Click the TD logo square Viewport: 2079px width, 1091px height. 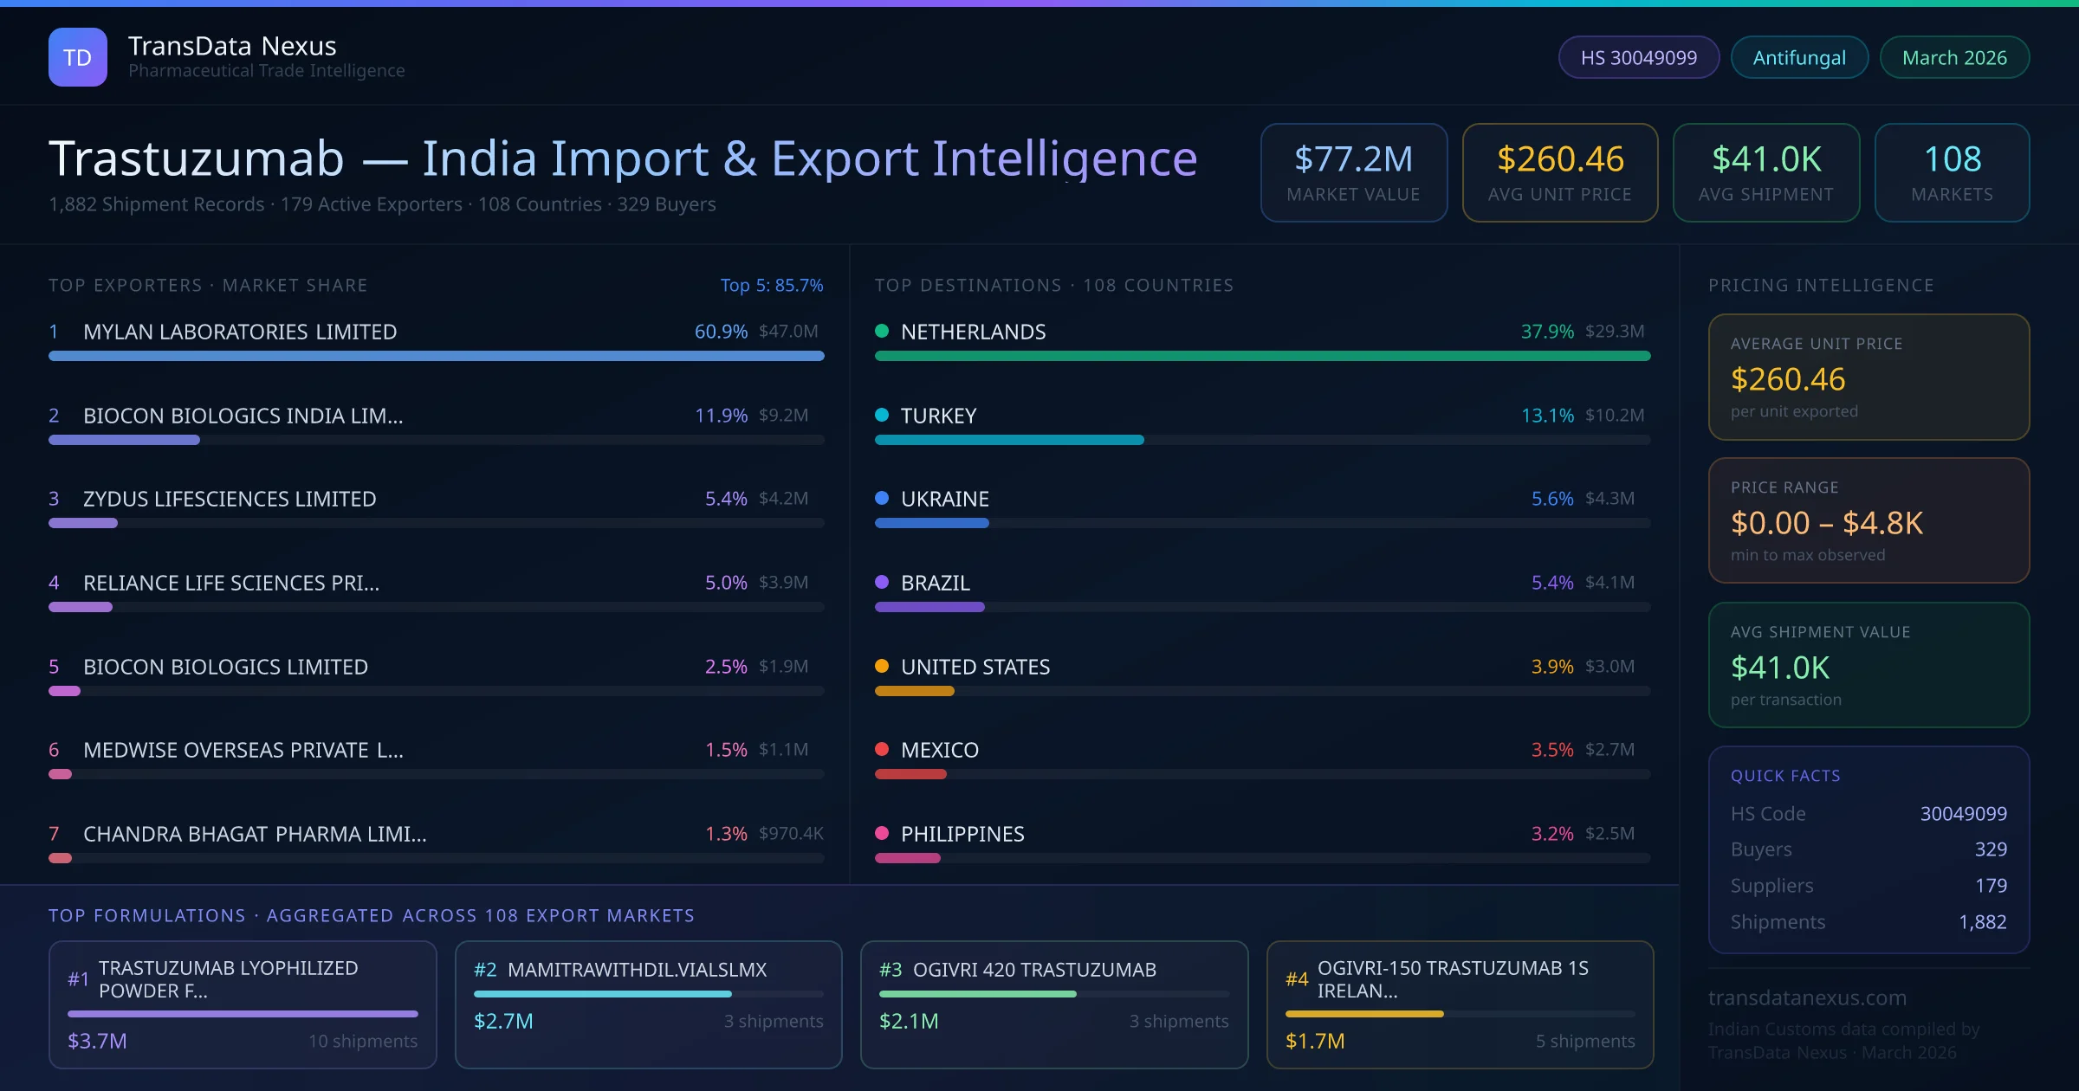77,57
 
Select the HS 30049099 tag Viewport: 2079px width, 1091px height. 1638,58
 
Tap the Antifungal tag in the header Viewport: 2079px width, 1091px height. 1799,58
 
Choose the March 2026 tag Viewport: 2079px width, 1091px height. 1954,58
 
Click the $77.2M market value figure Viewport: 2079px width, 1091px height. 1353,159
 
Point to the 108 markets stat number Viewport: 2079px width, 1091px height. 1952,159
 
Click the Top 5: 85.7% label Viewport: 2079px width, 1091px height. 771,286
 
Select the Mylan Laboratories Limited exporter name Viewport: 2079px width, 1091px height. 240,332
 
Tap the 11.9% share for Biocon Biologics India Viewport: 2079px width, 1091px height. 721,416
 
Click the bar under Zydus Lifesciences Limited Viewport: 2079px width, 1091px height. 83,523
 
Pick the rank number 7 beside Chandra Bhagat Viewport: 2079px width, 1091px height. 54,834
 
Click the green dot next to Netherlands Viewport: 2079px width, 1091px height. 882,331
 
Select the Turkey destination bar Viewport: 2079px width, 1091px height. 1009,440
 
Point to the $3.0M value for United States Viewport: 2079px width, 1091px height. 1609,667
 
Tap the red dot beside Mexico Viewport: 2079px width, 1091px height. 882,749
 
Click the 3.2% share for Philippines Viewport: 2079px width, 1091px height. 1551,834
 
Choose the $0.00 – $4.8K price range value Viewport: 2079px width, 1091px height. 1826,523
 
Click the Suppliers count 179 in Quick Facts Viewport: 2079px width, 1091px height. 1991,886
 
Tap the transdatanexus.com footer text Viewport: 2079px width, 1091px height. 1807,997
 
